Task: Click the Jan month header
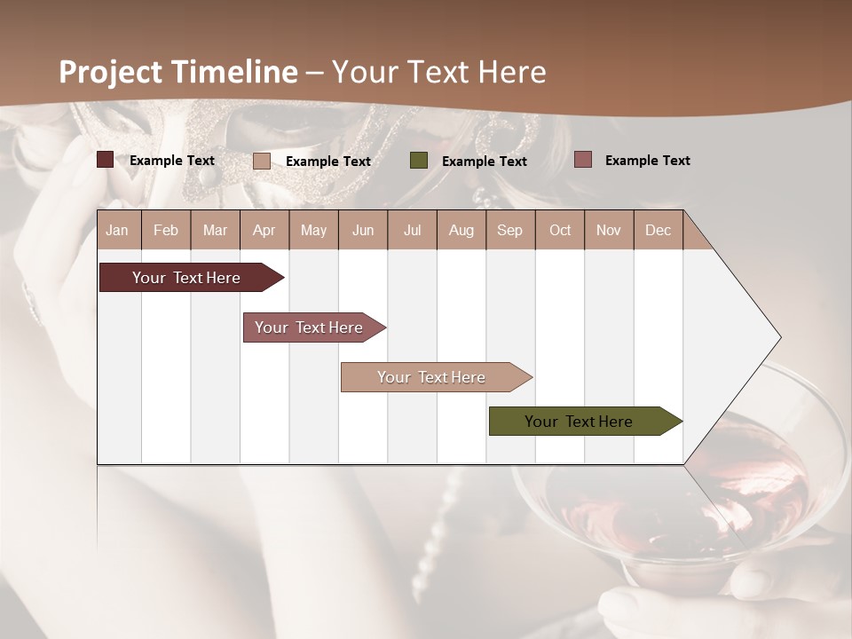pos(117,230)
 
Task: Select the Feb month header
pos(166,230)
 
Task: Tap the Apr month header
pos(264,230)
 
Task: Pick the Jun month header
pos(363,230)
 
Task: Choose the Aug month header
pos(461,230)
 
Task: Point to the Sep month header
pos(509,230)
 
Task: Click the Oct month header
pos(560,230)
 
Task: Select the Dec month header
pos(658,230)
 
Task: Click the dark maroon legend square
pos(105,160)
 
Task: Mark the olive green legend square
pos(419,161)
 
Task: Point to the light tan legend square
pos(262,161)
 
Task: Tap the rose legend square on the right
pos(582,160)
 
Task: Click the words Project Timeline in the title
pos(178,72)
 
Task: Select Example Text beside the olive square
pos(484,162)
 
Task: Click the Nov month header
pos(608,230)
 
